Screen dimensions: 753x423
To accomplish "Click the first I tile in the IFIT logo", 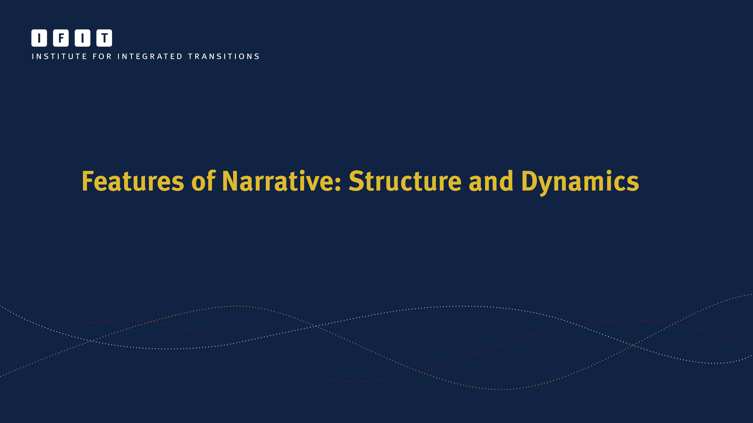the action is coord(39,38).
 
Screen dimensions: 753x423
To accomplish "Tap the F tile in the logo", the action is coord(61,38).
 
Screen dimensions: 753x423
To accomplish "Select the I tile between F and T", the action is coord(82,38).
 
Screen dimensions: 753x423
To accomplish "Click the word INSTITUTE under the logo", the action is coord(59,56).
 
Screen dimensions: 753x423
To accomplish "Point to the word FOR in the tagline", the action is coord(102,56).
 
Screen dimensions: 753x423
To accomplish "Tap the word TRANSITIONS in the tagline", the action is coord(224,56).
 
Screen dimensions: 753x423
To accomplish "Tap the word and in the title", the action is coord(491,181).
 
